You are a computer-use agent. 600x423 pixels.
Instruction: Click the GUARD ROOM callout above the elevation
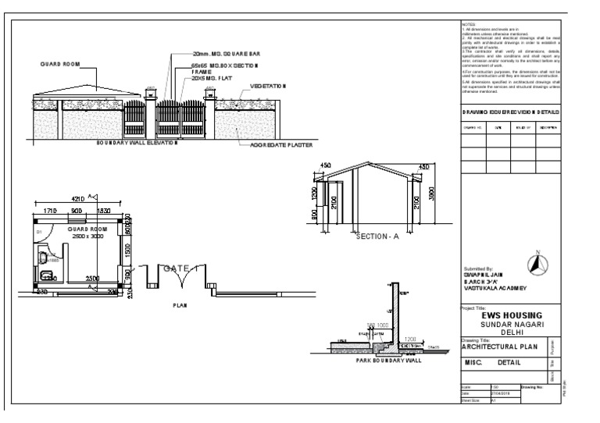click(55, 63)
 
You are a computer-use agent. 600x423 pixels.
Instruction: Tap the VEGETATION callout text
click(268, 84)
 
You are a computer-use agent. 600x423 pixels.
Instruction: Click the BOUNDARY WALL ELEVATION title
click(137, 144)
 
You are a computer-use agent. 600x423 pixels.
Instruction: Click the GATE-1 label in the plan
click(181, 268)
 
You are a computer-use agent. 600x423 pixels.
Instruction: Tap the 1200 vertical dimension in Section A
click(312, 194)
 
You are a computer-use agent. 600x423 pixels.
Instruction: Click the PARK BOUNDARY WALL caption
click(376, 361)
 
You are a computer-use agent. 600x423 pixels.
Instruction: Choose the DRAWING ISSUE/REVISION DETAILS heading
click(510, 112)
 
